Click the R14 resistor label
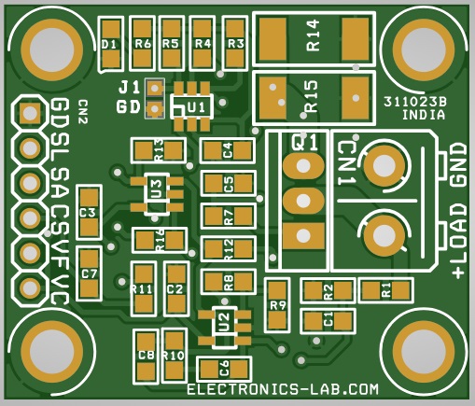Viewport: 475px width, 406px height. coord(313,35)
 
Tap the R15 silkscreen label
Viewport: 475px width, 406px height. coord(312,96)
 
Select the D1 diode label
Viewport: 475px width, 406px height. coord(109,45)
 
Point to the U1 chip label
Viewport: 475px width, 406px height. coord(197,107)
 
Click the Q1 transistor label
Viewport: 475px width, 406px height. coord(304,143)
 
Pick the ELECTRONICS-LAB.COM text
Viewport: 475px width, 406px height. coord(283,389)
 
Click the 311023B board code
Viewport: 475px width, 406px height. coord(414,102)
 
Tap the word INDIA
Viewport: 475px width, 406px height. coord(424,115)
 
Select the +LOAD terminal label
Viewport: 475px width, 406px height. coord(459,241)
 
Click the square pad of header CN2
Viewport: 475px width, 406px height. coord(30,113)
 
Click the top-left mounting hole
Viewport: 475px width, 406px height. coord(52,49)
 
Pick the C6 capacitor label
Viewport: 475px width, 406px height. coord(224,369)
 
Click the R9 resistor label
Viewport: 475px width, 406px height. coord(278,305)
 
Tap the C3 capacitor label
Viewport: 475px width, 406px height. coord(88,213)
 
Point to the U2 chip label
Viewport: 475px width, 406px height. coord(224,322)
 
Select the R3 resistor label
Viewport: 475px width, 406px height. coord(235,44)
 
